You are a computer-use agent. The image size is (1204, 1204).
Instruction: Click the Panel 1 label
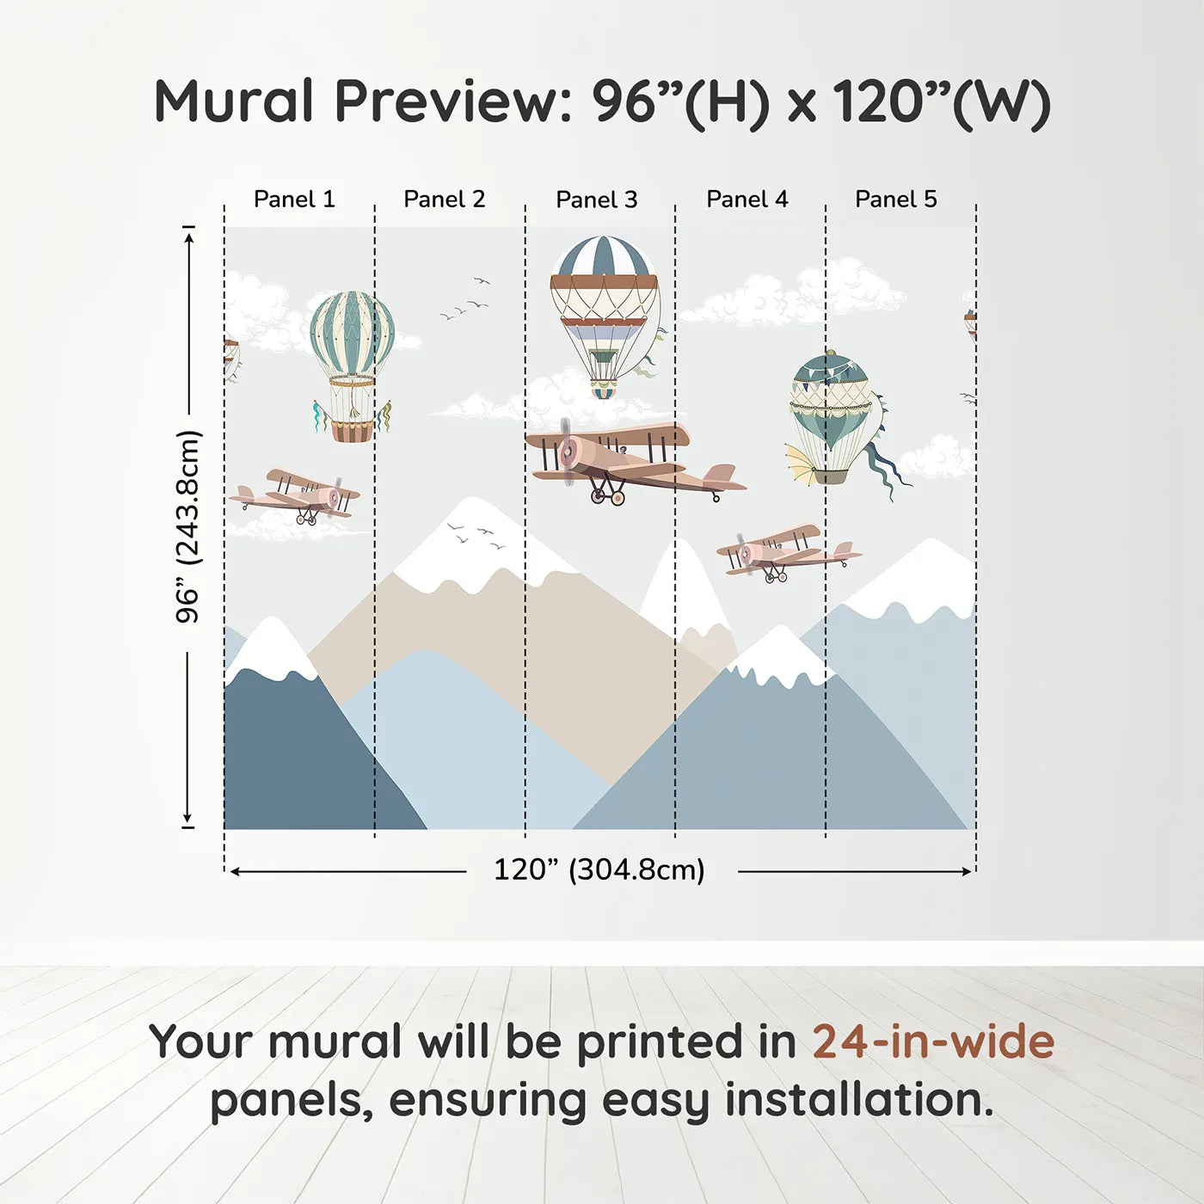point(294,200)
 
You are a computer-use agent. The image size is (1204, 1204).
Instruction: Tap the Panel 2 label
point(445,200)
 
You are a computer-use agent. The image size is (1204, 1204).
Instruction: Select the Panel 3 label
point(597,200)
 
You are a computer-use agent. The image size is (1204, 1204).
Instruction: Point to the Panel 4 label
point(747,200)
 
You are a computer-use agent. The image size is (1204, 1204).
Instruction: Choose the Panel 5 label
point(896,200)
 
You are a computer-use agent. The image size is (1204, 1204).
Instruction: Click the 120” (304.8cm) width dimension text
point(599,869)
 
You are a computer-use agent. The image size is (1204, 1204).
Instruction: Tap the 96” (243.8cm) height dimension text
point(187,526)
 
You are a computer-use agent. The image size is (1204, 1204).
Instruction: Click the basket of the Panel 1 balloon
point(353,431)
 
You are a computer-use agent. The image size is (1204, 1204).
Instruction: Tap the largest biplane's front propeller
point(568,451)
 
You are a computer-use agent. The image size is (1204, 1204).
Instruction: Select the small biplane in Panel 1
point(294,497)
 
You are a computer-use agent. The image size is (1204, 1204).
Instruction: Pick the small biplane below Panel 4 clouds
point(789,553)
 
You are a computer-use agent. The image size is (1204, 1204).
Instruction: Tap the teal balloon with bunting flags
point(831,399)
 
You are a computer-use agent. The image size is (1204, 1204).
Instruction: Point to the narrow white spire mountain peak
point(685,584)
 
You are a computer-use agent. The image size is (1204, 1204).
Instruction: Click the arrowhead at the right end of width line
point(968,871)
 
